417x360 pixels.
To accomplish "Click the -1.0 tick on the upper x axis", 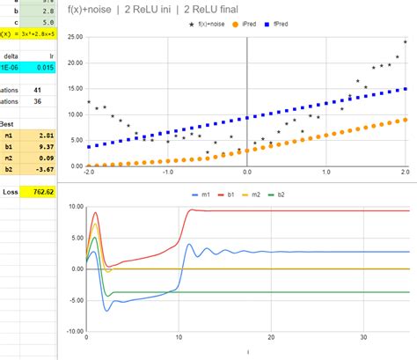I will pos(167,172).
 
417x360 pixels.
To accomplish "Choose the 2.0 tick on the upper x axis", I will pos(404,172).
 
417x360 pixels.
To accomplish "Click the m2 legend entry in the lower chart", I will pos(258,195).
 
